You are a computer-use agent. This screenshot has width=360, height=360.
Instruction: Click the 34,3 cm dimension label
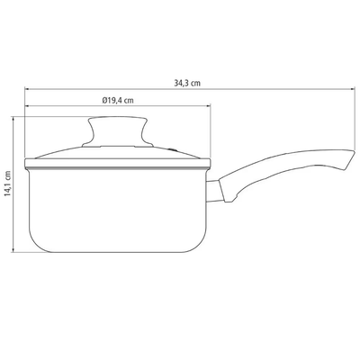click(x=187, y=84)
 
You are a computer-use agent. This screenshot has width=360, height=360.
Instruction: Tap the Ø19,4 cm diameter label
click(x=118, y=100)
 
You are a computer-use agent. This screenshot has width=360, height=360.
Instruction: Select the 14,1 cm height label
click(x=7, y=184)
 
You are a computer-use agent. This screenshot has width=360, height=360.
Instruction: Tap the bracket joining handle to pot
click(x=214, y=191)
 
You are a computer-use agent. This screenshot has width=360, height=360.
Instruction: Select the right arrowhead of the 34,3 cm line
click(x=353, y=89)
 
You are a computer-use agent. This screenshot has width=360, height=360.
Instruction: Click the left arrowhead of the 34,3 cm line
click(x=27, y=89)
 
